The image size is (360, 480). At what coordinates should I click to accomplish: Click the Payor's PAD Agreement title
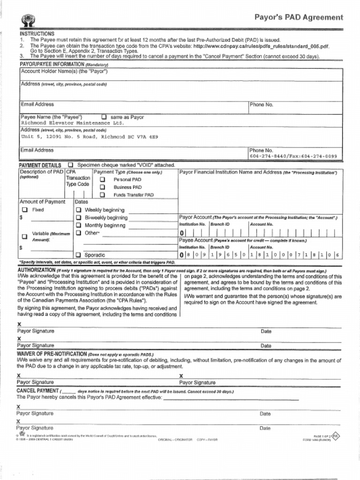(x=299, y=17)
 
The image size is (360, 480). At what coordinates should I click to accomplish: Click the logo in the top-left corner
(x=28, y=20)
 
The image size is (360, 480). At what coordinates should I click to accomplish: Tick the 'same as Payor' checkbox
(x=104, y=117)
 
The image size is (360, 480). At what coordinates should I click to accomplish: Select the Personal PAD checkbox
(x=102, y=180)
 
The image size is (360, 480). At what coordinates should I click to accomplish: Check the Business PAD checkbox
(x=102, y=187)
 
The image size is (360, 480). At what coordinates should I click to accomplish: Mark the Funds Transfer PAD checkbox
(x=102, y=195)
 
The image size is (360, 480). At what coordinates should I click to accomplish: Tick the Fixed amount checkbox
(x=25, y=210)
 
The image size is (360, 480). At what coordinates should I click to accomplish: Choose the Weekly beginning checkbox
(x=79, y=210)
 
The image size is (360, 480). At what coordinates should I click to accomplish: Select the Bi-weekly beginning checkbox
(x=79, y=217)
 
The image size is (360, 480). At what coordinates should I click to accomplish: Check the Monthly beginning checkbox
(x=79, y=225)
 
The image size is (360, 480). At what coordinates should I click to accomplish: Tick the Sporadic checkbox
(x=79, y=255)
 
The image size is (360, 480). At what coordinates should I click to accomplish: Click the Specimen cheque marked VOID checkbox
(x=70, y=165)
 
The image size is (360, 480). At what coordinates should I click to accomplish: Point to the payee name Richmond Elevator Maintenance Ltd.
(x=72, y=123)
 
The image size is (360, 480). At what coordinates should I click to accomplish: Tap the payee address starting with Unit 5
(x=90, y=137)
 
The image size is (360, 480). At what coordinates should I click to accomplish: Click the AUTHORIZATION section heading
(x=36, y=270)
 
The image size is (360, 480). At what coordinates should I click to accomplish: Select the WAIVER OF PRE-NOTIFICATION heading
(x=52, y=353)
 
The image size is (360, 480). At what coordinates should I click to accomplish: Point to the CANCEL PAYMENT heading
(x=37, y=390)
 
